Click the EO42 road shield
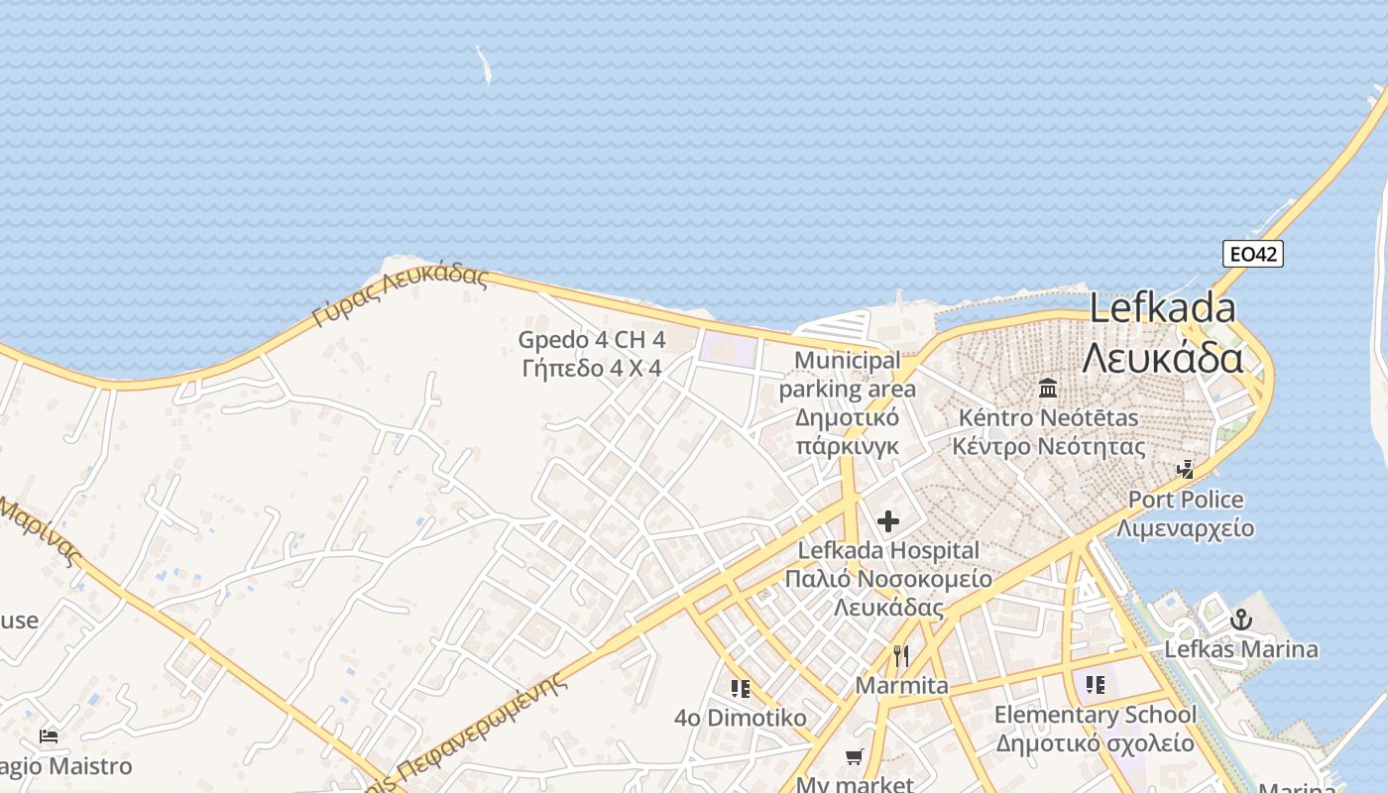1253,254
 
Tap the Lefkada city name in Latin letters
1162,308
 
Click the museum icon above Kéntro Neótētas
1048,387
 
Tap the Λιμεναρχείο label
1185,528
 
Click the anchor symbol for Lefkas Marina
1240,620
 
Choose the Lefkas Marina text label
1240,649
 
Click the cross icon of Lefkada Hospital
888,520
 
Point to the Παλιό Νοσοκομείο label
888,578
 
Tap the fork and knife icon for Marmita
900,655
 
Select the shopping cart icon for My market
854,756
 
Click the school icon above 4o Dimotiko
740,688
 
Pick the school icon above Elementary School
1095,684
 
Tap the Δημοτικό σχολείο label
1095,742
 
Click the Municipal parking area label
848,375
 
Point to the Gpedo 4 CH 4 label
592,340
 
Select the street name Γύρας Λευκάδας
401,295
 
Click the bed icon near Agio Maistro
49,736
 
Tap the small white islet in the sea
485,65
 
